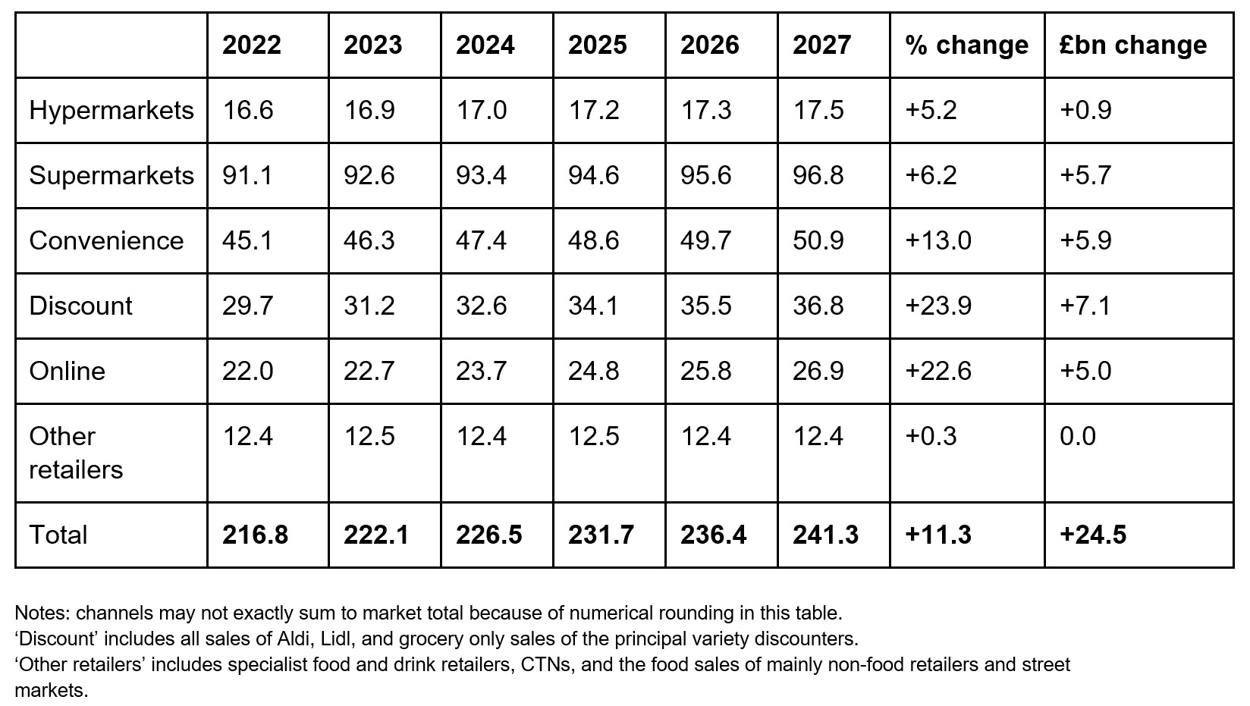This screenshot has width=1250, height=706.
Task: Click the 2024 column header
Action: (x=485, y=45)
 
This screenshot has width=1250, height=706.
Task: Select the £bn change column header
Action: (x=1133, y=45)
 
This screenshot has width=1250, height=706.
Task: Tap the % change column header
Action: (x=966, y=45)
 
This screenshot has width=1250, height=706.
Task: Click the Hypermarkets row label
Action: (x=111, y=110)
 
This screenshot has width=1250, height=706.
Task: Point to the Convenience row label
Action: (x=106, y=240)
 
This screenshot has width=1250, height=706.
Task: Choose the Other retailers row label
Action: (x=75, y=453)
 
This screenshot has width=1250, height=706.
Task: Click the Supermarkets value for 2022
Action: (x=247, y=175)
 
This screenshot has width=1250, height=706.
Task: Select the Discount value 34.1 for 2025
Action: (x=593, y=306)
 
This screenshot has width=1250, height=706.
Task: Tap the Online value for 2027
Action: (x=818, y=371)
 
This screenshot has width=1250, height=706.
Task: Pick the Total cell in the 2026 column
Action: (x=713, y=535)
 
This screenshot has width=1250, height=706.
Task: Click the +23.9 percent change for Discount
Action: (x=938, y=306)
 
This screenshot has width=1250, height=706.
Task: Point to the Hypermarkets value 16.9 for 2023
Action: (x=369, y=110)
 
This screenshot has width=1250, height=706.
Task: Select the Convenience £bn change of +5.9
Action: (x=1085, y=240)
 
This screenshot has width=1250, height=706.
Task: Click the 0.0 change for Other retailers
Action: (x=1078, y=436)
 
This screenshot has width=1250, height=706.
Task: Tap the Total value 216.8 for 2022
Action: (x=255, y=535)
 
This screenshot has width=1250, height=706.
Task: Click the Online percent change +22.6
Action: (x=938, y=371)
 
